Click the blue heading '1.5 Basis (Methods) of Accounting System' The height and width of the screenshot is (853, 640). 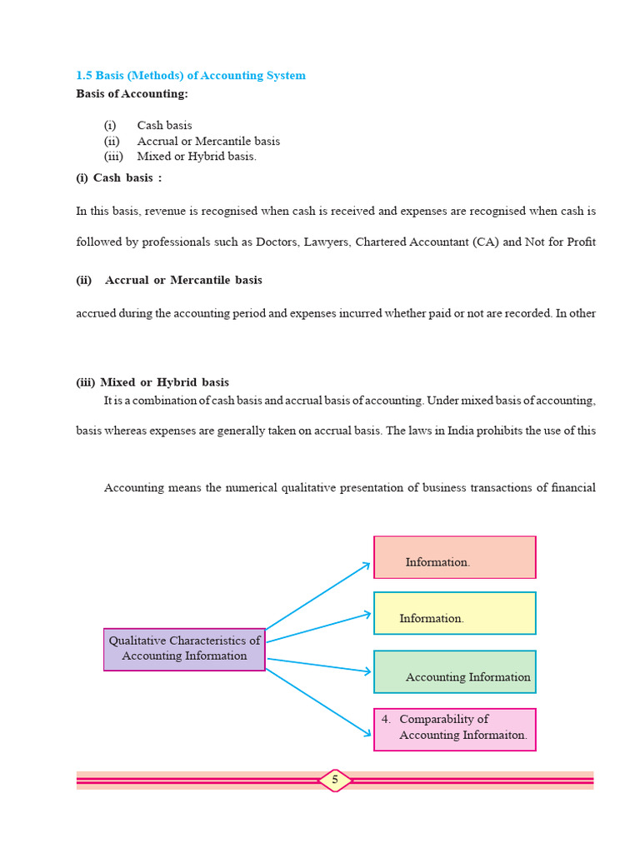point(191,76)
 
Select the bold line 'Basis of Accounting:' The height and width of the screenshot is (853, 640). point(132,94)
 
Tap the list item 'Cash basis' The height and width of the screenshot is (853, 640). point(164,126)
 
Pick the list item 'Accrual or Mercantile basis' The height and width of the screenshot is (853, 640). point(208,142)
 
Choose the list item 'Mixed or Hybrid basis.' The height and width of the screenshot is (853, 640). point(197,157)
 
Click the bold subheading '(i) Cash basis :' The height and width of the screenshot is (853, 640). point(119,178)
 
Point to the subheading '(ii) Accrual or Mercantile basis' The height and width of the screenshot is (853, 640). point(169,281)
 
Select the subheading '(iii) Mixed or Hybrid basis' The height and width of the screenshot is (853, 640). point(152,383)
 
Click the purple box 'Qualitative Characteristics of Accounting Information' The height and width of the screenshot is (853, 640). point(184,649)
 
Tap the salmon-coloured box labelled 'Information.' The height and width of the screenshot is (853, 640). point(454,557)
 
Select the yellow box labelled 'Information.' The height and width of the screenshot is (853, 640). point(454,613)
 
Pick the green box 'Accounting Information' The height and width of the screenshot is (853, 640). point(454,671)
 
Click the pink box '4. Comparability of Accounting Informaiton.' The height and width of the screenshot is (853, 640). point(454,729)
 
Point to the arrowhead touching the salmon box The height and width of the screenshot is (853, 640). point(367,565)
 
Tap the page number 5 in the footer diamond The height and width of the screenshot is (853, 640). point(335,781)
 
